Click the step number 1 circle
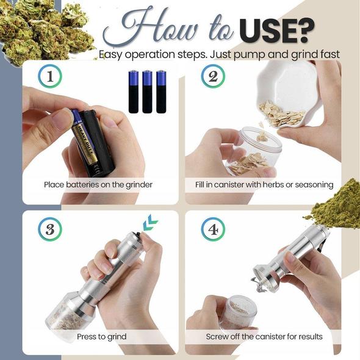pyautogui.click(x=50, y=77)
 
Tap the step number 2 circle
pyautogui.click(x=213, y=77)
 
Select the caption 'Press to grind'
pyautogui.click(x=101, y=336)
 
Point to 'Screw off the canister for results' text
pyautogui.click(x=264, y=336)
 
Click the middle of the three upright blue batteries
pyautogui.click(x=147, y=92)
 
